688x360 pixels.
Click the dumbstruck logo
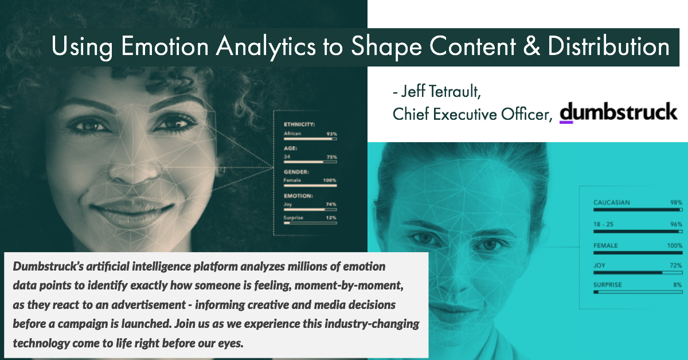click(618, 112)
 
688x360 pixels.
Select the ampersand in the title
click(531, 46)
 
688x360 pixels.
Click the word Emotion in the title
click(165, 46)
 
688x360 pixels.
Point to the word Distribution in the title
click(608, 46)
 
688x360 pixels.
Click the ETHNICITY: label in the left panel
click(299, 124)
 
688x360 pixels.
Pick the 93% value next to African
click(331, 134)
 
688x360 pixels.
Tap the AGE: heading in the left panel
click(291, 148)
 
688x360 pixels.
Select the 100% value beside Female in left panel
click(330, 181)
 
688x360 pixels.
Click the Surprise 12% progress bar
click(310, 223)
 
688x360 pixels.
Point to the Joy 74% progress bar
click(310, 209)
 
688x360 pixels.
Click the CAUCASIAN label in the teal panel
click(612, 202)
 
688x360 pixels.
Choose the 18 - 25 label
click(603, 224)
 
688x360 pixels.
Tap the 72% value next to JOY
click(676, 265)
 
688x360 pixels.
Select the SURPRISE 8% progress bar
click(638, 292)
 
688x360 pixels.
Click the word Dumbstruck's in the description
click(48, 267)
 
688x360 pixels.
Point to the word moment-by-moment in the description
click(349, 285)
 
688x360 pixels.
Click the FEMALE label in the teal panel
click(605, 246)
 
